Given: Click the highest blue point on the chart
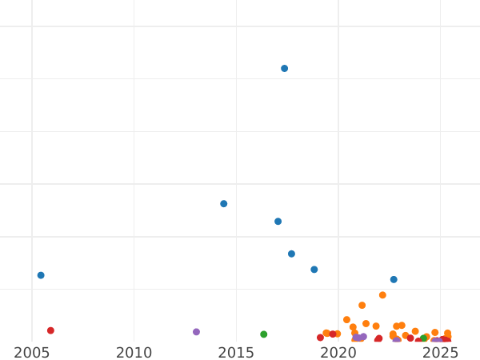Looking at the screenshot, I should (x=284, y=69).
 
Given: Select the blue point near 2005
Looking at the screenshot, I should (x=41, y=275).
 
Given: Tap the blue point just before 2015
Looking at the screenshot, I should (x=224, y=204).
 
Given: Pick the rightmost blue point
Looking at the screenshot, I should (x=394, y=279).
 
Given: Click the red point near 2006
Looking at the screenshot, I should (x=50, y=330).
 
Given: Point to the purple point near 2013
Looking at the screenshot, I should (x=196, y=332).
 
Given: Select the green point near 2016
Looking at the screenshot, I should (x=264, y=334).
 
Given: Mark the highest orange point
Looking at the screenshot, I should (x=382, y=295).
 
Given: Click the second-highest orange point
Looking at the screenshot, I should (x=362, y=306).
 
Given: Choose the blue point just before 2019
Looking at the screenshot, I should (x=314, y=270).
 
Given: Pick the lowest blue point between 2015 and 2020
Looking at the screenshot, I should (x=314, y=270).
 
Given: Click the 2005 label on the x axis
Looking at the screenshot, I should (x=32, y=353).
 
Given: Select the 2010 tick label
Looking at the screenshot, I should (x=134, y=353).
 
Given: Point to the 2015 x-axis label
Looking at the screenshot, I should (x=236, y=353).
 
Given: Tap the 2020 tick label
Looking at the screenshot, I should (x=338, y=353).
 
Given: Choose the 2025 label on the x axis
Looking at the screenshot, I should (x=440, y=353).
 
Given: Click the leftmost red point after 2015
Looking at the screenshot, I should (x=320, y=338).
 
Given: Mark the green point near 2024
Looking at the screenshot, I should (x=424, y=338).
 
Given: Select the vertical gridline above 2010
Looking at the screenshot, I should (x=134, y=160).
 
